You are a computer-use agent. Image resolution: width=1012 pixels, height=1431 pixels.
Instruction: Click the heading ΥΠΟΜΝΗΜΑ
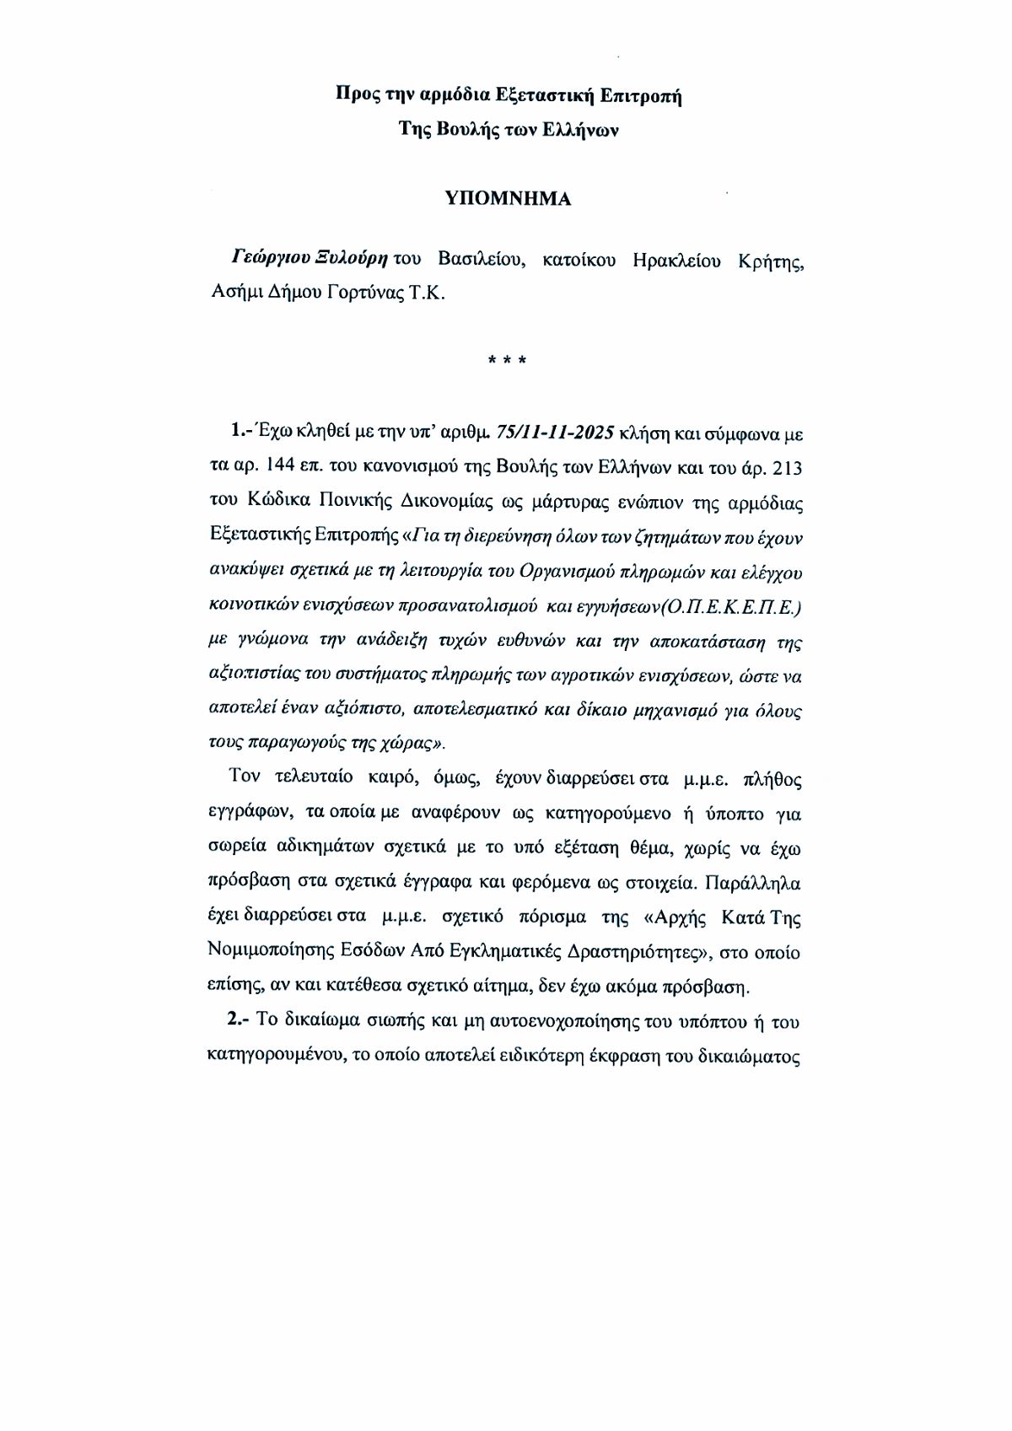[508, 200]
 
